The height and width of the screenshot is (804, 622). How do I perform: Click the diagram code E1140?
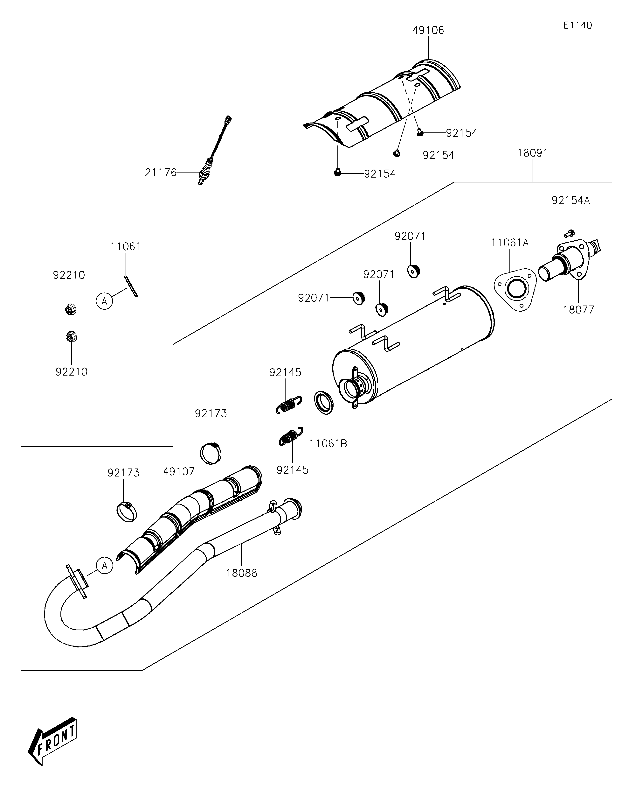click(577, 25)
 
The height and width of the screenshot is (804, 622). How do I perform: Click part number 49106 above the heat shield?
click(428, 30)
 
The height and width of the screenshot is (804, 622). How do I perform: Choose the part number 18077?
click(579, 310)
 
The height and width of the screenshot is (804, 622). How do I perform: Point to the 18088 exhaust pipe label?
click(242, 573)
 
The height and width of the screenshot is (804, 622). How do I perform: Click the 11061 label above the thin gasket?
click(126, 247)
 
